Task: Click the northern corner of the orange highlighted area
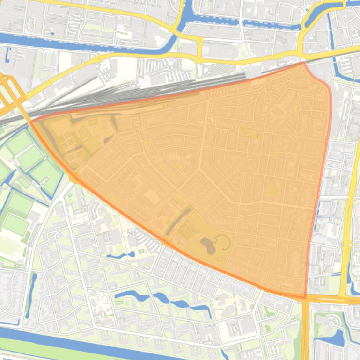(303, 62)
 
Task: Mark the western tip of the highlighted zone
(31, 121)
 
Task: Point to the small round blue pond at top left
(51, 34)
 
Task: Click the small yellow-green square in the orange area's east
(273, 191)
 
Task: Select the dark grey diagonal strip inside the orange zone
(178, 220)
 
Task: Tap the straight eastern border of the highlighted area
(319, 187)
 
